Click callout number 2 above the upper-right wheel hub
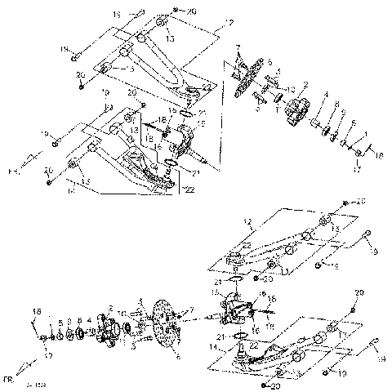point(306,84)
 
